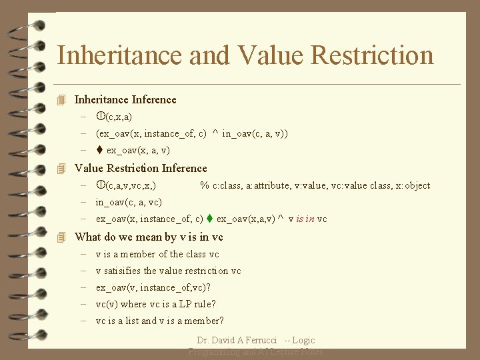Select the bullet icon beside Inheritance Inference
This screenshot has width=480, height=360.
pos(62,100)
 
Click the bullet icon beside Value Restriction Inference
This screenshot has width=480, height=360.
pos(62,169)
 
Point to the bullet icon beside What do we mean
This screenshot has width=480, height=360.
pos(62,237)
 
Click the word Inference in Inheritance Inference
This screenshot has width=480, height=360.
pos(154,100)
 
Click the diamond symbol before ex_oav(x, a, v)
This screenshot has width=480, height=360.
pos(99,151)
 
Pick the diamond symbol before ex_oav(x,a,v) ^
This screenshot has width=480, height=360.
pos(209,219)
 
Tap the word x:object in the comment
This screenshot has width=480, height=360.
pos(413,185)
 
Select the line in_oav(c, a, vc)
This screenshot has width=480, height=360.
pos(129,202)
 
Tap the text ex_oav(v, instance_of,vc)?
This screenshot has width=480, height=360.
pos(153,287)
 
